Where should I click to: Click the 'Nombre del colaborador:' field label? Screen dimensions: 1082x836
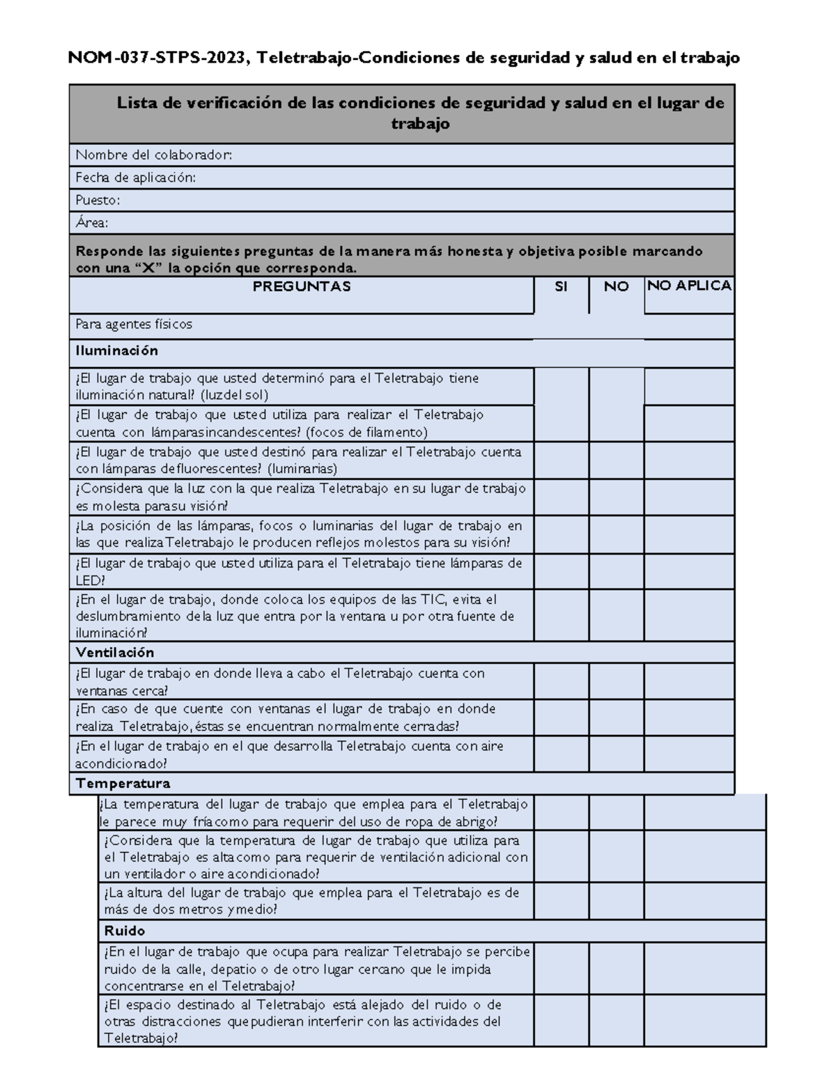(x=154, y=155)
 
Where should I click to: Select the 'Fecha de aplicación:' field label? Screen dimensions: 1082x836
(x=136, y=178)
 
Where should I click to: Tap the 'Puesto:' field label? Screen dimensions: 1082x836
(x=98, y=200)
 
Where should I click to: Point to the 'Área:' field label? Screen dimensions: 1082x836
(x=92, y=223)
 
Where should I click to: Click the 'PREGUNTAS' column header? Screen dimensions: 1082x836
(x=302, y=286)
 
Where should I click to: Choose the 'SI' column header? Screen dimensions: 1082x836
(x=561, y=286)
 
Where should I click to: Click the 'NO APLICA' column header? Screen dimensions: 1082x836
(x=689, y=286)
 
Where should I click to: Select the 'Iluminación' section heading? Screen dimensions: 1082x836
(x=117, y=350)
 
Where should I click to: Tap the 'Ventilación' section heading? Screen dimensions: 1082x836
(x=115, y=653)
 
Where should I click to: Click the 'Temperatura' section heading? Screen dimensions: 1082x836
(x=123, y=783)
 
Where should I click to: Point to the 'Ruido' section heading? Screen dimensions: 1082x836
(x=125, y=931)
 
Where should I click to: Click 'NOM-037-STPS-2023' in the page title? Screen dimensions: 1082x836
(x=157, y=59)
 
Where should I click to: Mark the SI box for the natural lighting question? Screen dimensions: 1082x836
(x=562, y=387)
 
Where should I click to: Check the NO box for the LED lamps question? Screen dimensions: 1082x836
(x=616, y=571)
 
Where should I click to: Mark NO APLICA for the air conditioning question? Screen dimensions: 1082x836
(x=688, y=754)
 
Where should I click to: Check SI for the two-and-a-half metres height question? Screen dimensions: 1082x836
(x=562, y=902)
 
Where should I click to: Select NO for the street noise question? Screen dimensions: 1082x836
(x=616, y=969)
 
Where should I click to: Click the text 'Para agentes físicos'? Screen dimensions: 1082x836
(x=134, y=324)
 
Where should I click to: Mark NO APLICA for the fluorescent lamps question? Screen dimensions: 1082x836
(x=688, y=460)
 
